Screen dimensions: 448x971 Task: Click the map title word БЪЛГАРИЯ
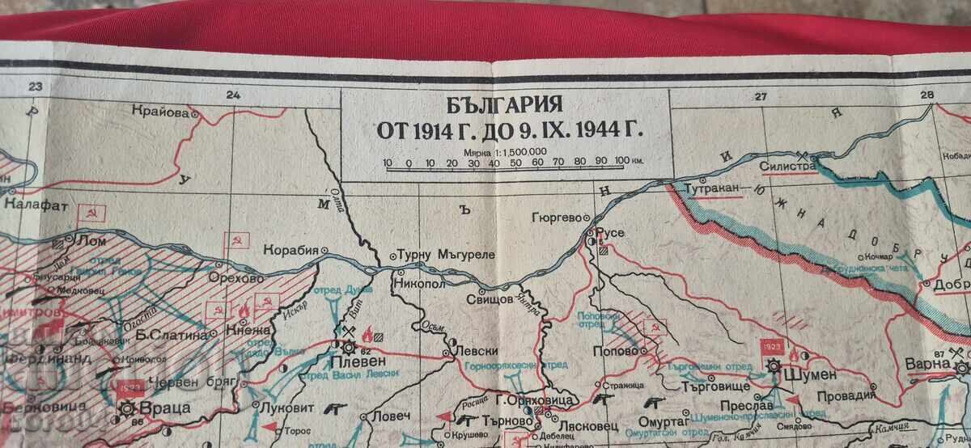[505, 105]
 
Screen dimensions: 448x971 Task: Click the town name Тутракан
[712, 188]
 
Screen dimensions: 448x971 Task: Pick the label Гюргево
[558, 218]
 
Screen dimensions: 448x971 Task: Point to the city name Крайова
[163, 112]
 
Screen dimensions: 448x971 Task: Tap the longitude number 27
[760, 96]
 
